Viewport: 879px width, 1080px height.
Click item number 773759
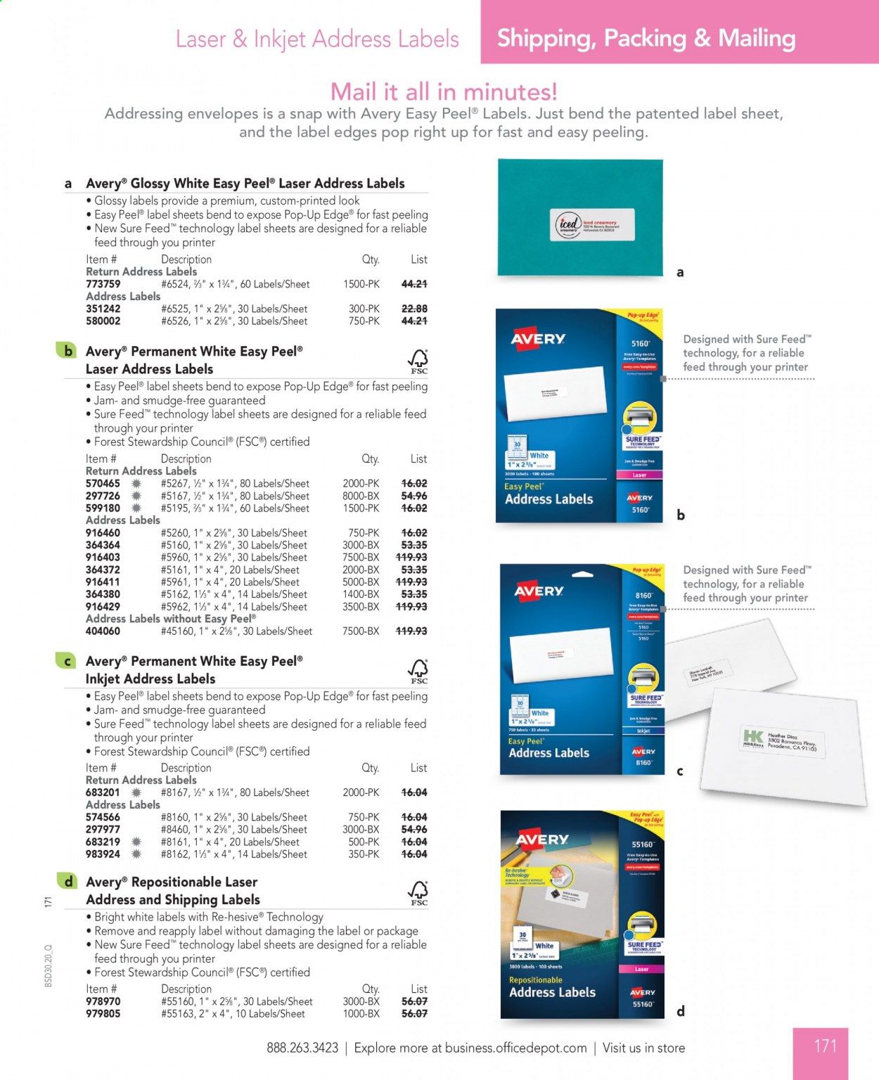point(103,284)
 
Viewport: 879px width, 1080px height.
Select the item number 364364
point(103,545)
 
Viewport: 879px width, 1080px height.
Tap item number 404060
point(103,631)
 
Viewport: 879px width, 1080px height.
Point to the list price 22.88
point(414,309)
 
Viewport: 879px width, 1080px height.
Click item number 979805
point(103,1014)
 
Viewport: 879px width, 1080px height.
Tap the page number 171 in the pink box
point(825,1046)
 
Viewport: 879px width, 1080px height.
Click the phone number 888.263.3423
point(302,1048)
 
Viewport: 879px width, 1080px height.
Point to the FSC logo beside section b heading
point(418,361)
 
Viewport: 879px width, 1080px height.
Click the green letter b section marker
point(68,351)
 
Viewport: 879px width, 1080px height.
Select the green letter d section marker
point(68,882)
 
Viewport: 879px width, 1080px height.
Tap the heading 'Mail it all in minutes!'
point(444,91)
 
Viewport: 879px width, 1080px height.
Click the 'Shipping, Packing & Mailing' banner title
point(646,38)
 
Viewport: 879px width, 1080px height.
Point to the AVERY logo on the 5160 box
point(538,339)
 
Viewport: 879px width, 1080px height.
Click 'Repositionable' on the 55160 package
point(536,979)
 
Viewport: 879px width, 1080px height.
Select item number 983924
point(103,854)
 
